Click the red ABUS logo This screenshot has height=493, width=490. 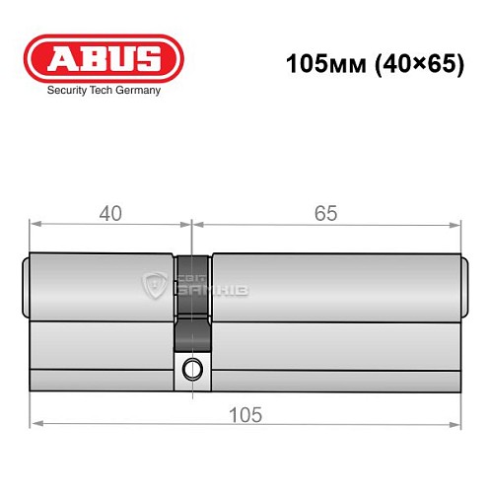coord(104,58)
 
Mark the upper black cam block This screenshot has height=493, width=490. coord(193,271)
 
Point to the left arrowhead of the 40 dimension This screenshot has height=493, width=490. coord(35,226)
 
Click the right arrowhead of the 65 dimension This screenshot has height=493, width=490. coord(456,226)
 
